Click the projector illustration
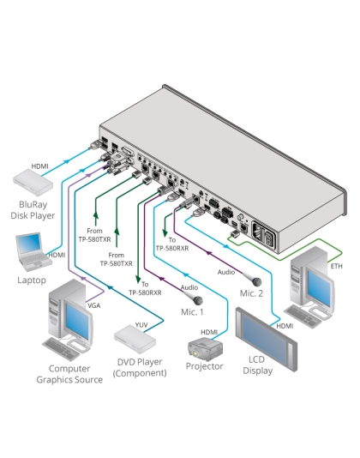205,347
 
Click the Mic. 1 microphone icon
196,300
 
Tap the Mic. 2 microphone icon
255,280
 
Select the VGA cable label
93,304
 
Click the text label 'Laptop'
32,280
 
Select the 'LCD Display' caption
257,366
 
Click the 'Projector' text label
204,366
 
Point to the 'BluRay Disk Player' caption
35,211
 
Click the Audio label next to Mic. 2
225,272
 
